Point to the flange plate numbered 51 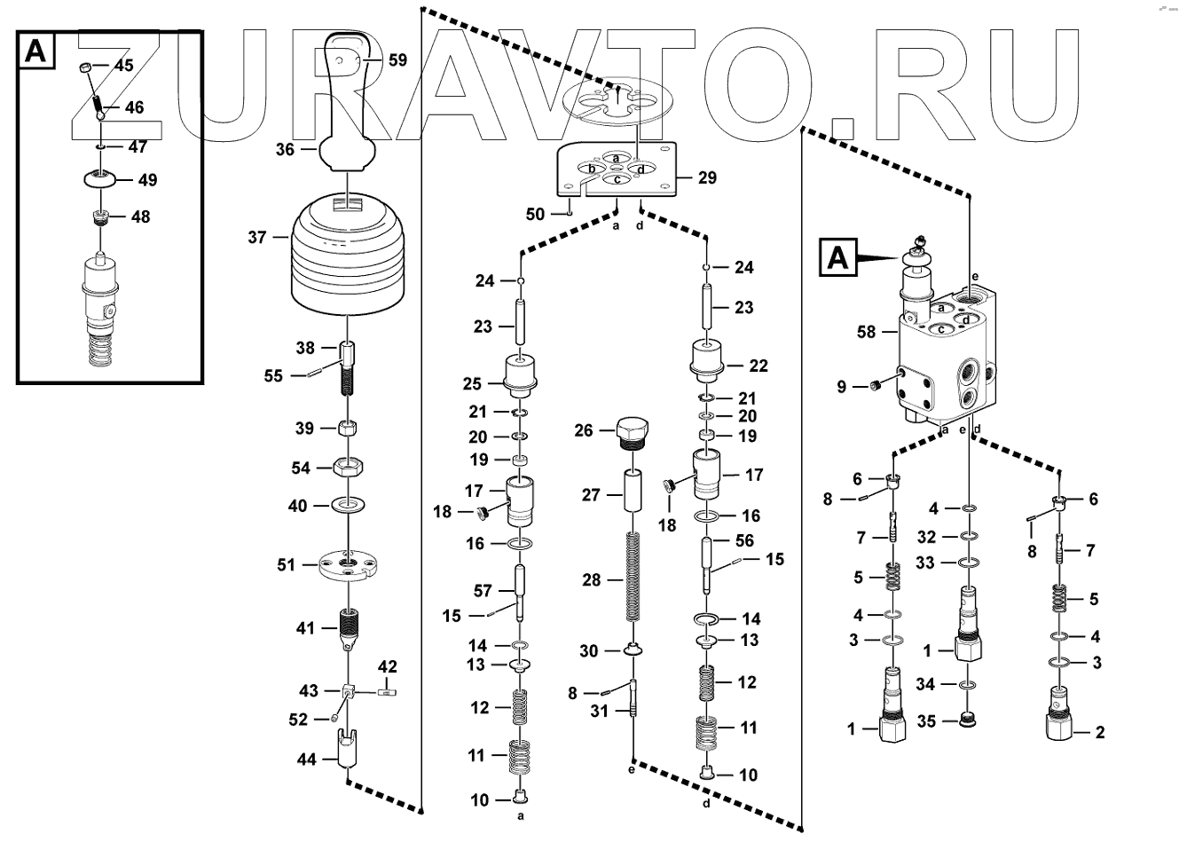tap(350, 565)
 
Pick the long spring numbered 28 tap(633, 577)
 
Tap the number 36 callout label tap(285, 150)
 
